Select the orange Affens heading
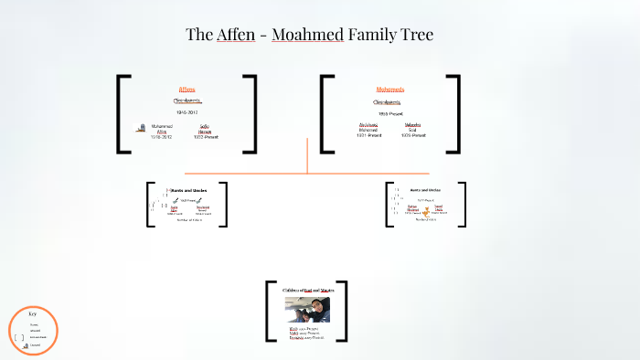click(x=187, y=90)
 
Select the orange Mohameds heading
click(x=390, y=90)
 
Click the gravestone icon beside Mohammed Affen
click(x=140, y=130)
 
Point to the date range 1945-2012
click(x=187, y=112)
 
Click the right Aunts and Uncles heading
click(x=425, y=190)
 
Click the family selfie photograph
click(x=307, y=309)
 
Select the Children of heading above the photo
click(x=307, y=290)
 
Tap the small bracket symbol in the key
click(x=19, y=337)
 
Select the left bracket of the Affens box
click(x=123, y=113)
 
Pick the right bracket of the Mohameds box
click(x=454, y=113)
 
